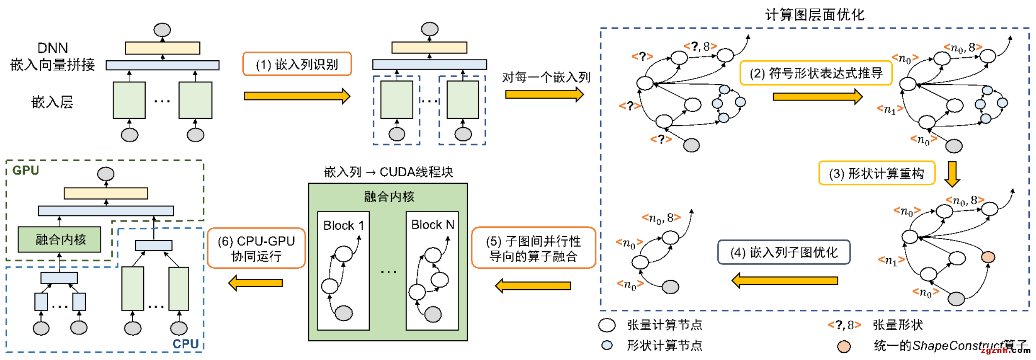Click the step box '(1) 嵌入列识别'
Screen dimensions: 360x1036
(297, 64)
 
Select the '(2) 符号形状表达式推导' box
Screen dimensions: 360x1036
(816, 73)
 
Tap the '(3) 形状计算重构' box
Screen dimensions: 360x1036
(876, 173)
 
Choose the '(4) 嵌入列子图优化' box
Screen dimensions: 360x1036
(783, 252)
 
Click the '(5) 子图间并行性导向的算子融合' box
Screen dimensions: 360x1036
(533, 248)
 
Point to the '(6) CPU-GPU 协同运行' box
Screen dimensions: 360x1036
(256, 248)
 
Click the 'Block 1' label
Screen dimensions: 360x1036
(343, 226)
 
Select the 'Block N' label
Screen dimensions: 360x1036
(433, 225)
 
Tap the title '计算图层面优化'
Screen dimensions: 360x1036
(814, 15)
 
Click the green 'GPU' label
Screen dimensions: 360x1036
(26, 170)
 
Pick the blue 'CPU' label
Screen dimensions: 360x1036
(186, 344)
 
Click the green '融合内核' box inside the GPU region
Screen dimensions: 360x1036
(59, 239)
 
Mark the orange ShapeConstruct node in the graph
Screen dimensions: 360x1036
(988, 257)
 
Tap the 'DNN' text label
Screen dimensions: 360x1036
(53, 48)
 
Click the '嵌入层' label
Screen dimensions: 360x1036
(52, 102)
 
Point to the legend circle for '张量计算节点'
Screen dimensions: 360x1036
(607, 325)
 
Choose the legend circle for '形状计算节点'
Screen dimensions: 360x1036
(607, 345)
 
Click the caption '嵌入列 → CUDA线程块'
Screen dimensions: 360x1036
(388, 172)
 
